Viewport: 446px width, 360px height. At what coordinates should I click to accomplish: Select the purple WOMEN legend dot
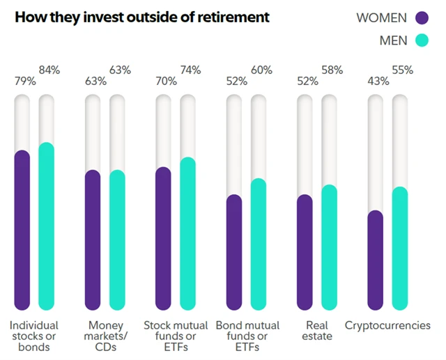421,17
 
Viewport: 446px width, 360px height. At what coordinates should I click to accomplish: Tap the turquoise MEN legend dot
421,40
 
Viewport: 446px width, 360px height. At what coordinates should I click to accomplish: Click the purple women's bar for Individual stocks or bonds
22,230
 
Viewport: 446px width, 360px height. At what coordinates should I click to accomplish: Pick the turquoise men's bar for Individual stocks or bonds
47,226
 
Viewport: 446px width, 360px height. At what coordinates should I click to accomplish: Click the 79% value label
25,81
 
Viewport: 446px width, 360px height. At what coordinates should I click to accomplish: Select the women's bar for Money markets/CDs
93,240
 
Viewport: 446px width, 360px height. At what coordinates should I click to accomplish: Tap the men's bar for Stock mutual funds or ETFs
187,233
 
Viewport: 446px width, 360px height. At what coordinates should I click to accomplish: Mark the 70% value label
166,81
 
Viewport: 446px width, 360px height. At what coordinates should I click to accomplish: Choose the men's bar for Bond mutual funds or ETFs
259,244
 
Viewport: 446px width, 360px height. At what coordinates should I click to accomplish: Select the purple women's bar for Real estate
305,252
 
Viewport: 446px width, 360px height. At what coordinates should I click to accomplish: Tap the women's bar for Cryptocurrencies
375,260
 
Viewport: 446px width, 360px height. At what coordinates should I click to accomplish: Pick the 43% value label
378,81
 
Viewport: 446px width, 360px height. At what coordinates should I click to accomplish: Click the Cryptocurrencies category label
387,325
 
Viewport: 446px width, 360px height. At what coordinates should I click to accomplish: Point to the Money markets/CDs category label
105,336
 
